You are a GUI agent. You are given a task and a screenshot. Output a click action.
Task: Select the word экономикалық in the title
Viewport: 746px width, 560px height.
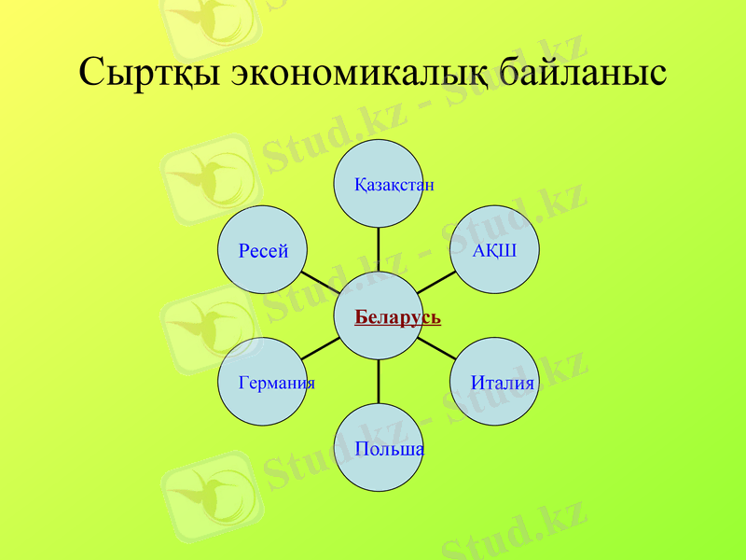point(358,73)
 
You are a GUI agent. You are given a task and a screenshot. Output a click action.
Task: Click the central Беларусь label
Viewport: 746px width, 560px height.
point(397,317)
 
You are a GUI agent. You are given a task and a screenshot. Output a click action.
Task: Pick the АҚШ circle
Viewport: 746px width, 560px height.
point(494,250)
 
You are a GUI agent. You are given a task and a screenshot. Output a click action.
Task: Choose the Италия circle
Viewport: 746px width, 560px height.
point(494,382)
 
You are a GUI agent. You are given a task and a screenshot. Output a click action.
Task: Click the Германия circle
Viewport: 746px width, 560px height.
point(262,382)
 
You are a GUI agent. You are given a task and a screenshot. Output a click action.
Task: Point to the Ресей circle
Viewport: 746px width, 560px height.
point(262,250)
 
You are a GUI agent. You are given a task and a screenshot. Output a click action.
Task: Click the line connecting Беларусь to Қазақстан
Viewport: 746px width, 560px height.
point(380,249)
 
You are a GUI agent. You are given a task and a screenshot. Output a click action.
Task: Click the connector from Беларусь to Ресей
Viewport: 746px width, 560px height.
point(321,283)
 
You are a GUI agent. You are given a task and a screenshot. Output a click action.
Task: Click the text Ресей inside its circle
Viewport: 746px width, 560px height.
point(262,250)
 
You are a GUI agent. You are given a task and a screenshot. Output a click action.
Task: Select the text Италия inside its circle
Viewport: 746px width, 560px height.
point(503,383)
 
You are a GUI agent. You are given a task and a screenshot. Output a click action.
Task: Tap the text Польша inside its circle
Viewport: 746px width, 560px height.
point(389,450)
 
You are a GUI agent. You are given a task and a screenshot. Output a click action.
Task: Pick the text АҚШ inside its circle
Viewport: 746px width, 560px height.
point(494,250)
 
